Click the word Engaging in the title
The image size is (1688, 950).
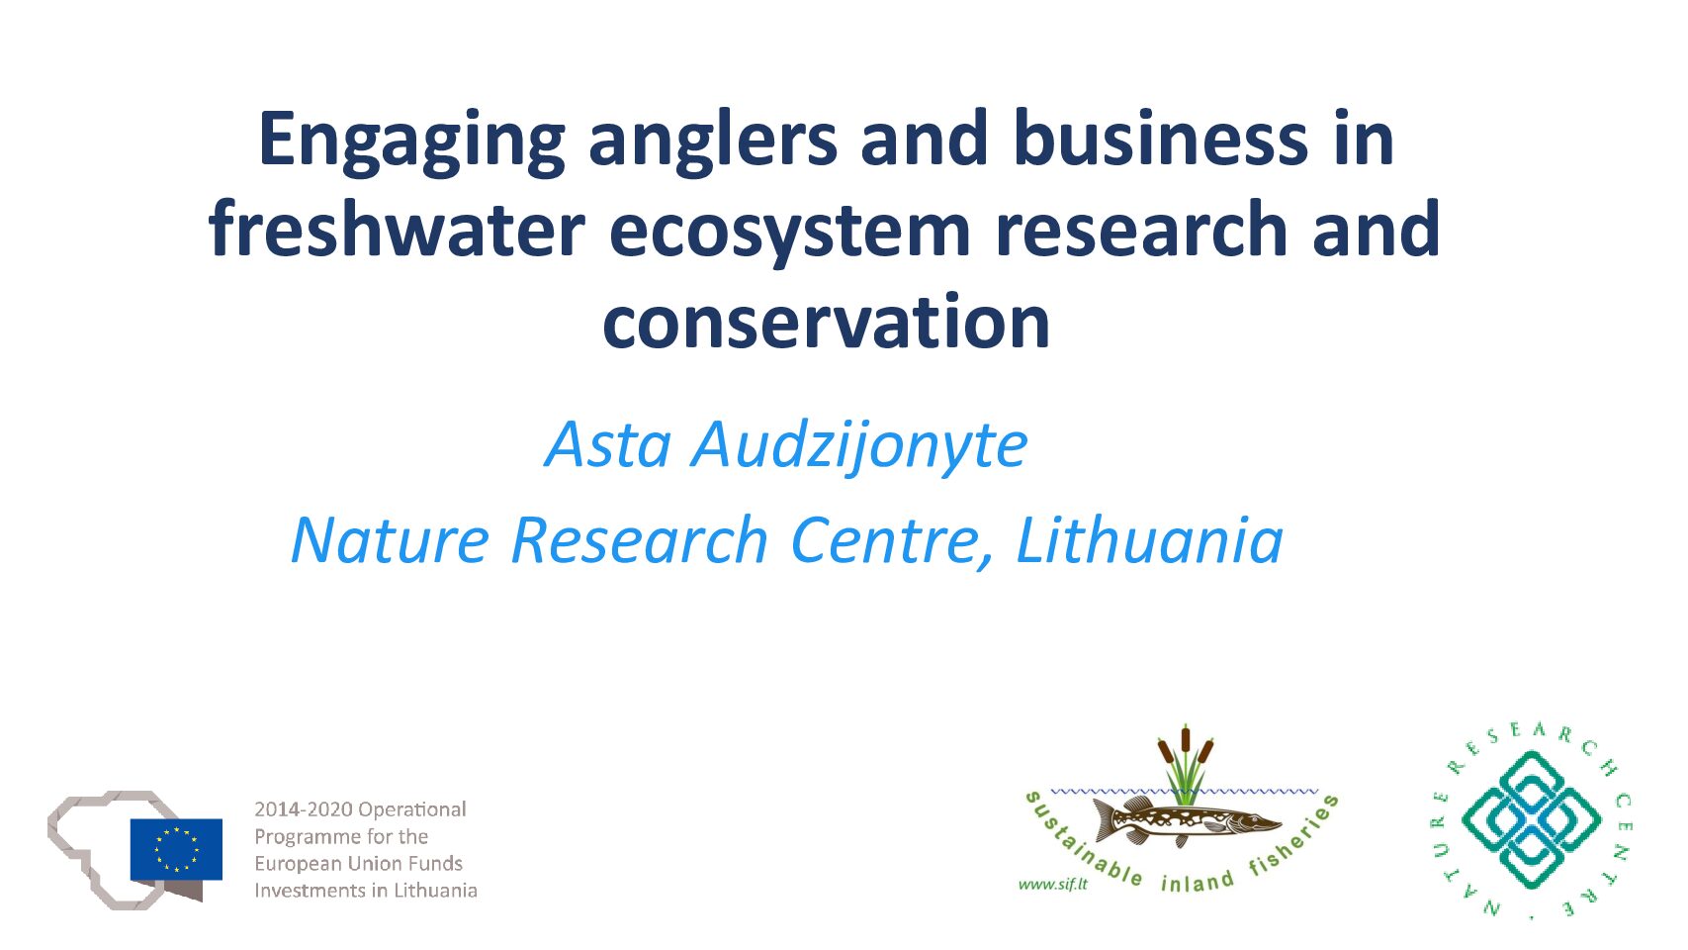[411, 142]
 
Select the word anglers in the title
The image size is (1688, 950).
[712, 142]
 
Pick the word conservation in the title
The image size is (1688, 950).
[826, 322]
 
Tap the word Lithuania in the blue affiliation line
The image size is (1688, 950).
[1149, 540]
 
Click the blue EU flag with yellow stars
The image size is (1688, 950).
[176, 850]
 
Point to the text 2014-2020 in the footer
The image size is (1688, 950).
[304, 809]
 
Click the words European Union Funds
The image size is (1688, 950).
[358, 863]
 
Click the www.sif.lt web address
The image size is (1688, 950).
[1053, 885]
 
